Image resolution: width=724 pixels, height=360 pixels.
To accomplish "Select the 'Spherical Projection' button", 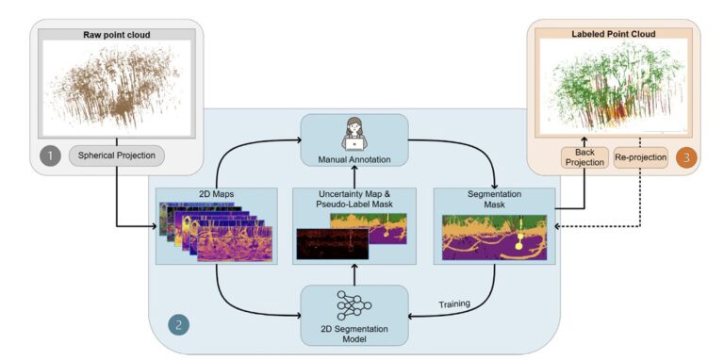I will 116,155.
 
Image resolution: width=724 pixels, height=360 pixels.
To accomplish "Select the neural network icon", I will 354,304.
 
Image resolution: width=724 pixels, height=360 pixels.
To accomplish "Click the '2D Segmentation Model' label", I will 354,334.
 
